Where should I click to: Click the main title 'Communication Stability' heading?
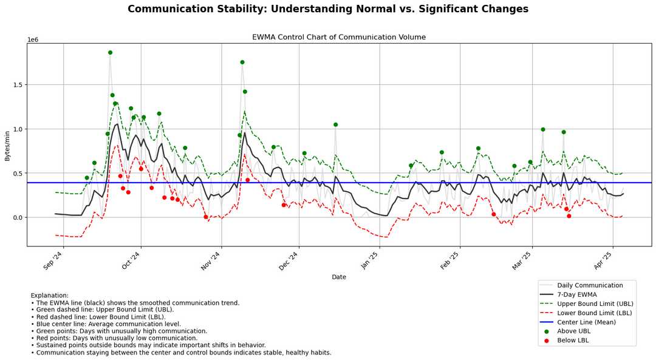coord(328,9)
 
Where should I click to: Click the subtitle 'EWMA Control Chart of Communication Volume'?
coord(339,37)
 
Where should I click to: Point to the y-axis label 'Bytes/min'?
coord(8,145)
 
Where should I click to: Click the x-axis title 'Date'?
coord(339,277)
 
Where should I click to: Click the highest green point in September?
coord(110,53)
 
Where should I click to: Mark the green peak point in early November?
coord(242,62)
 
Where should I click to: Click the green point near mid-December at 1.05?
coord(335,124)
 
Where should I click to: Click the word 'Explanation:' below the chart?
coord(50,296)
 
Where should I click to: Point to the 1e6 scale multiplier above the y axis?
coord(33,39)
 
